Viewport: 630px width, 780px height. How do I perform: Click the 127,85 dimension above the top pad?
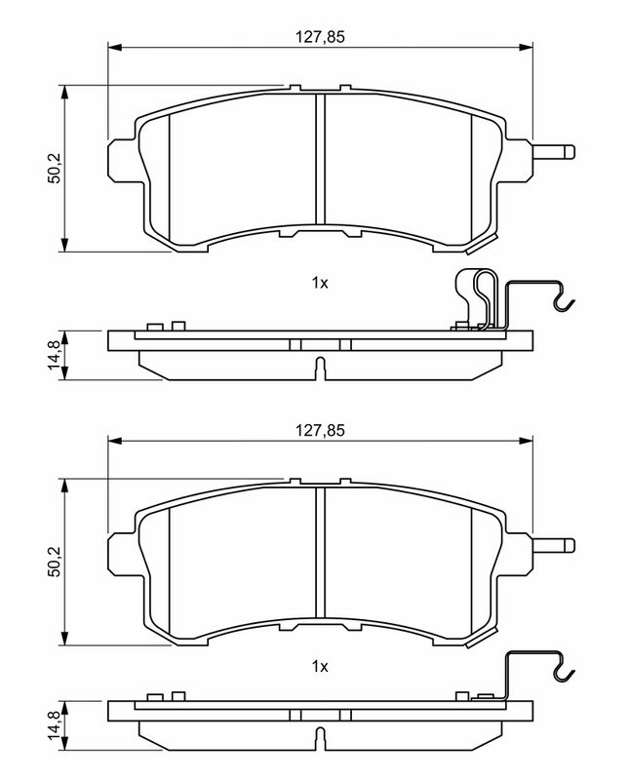click(320, 37)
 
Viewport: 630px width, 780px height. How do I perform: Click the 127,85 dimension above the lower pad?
click(320, 430)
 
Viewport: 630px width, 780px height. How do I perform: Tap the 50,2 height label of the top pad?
click(55, 168)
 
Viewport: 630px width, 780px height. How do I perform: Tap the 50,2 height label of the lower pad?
click(55, 561)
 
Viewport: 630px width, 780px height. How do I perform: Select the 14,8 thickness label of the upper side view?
click(54, 355)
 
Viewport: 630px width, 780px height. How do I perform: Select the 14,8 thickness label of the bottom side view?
click(54, 725)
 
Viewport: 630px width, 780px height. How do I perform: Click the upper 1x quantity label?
click(320, 283)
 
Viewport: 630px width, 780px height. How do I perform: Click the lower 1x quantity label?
click(320, 666)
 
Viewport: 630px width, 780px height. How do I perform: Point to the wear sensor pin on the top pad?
click(554, 152)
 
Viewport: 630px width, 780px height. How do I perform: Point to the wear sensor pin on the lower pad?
click(554, 545)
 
